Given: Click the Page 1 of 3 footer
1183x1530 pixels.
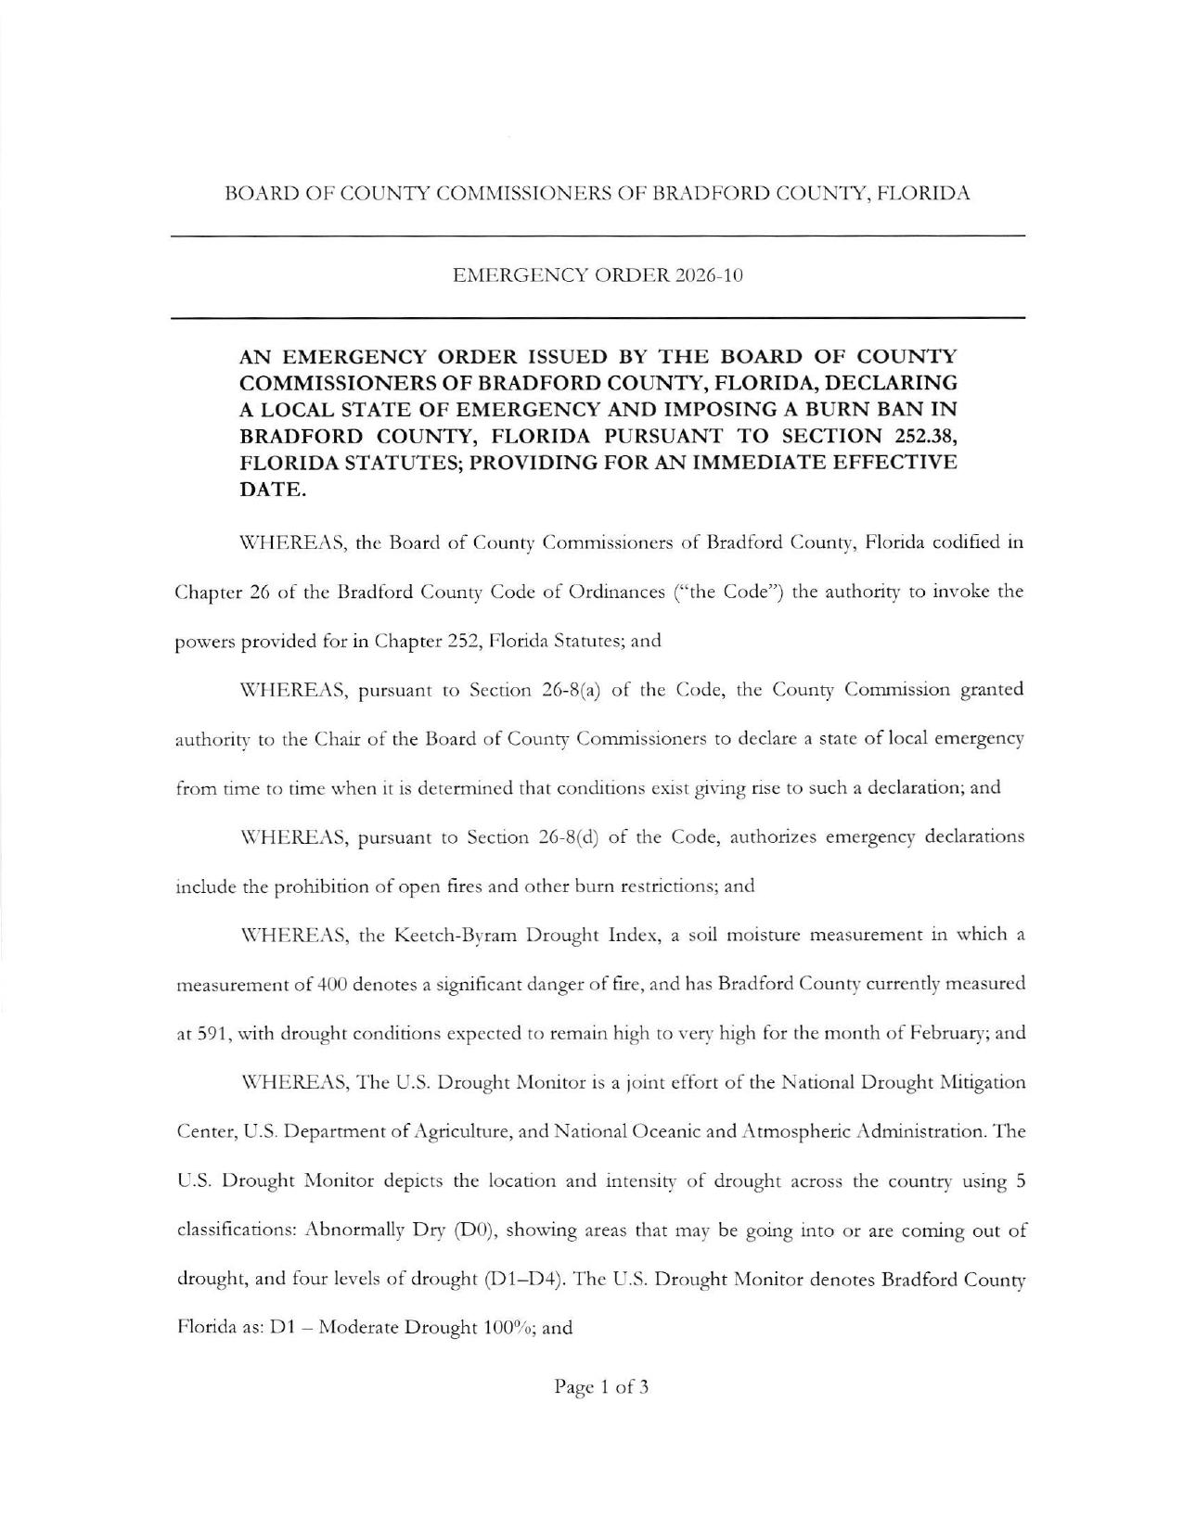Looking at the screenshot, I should click(601, 1387).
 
